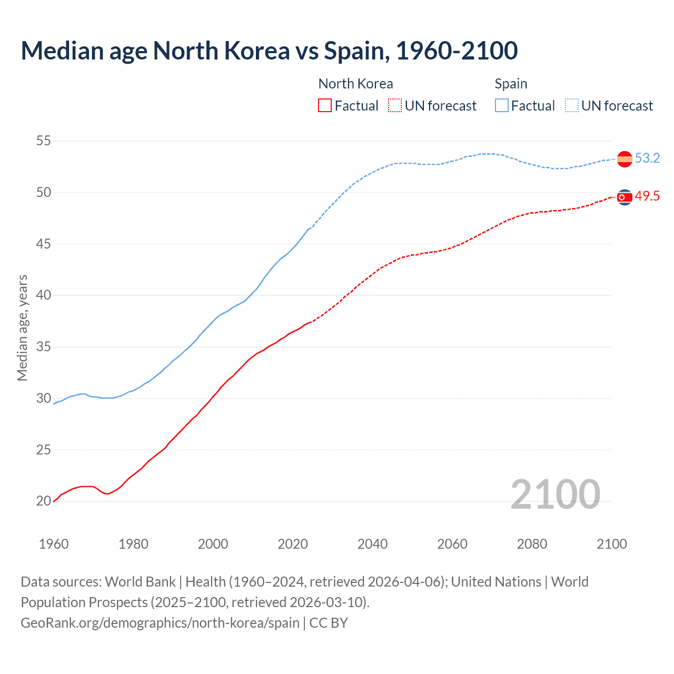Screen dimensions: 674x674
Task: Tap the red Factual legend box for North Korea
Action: coord(325,106)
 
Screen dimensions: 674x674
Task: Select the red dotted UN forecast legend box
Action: coord(395,106)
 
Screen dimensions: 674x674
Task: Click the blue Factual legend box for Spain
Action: coord(502,106)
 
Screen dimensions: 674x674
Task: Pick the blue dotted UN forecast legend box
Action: coord(572,106)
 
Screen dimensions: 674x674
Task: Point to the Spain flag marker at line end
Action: coord(625,158)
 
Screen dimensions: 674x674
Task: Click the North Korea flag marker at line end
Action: coord(625,197)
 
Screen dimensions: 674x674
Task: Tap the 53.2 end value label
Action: coord(647,158)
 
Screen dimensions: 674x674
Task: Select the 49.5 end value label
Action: coord(647,196)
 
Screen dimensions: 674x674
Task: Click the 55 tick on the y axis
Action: coord(44,141)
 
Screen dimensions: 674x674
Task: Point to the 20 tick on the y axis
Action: coord(44,501)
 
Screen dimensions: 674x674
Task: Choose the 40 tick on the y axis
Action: coord(44,295)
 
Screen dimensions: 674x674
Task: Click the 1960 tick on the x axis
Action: coord(54,544)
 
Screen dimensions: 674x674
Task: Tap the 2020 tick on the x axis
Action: coord(293,544)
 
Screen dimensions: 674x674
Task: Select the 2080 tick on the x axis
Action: coord(532,544)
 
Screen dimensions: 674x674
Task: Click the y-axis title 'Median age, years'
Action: coord(23,328)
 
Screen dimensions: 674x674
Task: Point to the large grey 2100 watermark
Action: coord(555,494)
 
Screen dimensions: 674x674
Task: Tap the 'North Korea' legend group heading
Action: coord(355,84)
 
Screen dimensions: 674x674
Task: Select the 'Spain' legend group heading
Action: coord(511,84)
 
